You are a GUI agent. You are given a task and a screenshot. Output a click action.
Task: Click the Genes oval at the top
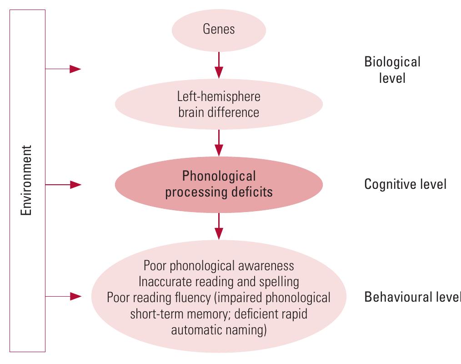pyautogui.click(x=219, y=30)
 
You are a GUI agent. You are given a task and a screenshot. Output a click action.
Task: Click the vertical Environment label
pyautogui.click(x=28, y=181)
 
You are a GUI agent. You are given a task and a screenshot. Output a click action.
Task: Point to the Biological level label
pyautogui.click(x=392, y=70)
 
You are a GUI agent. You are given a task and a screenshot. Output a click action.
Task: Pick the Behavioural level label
pyautogui.click(x=412, y=297)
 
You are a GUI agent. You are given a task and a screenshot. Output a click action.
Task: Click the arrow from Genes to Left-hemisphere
pyautogui.click(x=219, y=64)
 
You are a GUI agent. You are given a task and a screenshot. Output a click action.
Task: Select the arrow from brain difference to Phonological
pyautogui.click(x=219, y=142)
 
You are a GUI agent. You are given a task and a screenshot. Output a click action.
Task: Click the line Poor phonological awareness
pyautogui.click(x=219, y=265)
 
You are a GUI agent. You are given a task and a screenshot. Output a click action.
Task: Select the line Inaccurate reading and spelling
pyautogui.click(x=219, y=282)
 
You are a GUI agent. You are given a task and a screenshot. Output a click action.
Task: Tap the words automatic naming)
pyautogui.click(x=219, y=330)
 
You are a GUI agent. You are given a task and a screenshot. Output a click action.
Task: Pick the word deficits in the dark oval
pyautogui.click(x=251, y=192)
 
